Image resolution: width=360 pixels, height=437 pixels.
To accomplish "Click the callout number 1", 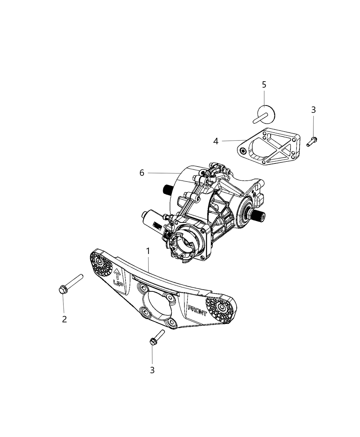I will pyautogui.click(x=148, y=252).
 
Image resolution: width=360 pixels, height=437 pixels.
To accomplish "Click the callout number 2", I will pyautogui.click(x=64, y=319).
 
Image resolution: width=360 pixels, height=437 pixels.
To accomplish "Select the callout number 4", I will pyautogui.click(x=216, y=141).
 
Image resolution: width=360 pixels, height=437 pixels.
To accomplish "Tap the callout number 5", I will pyautogui.click(x=264, y=84).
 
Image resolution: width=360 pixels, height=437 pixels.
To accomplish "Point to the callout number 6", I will pyautogui.click(x=142, y=173).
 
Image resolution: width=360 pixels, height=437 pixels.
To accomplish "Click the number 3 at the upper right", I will pyautogui.click(x=313, y=110).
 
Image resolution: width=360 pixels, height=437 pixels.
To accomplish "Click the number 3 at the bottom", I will pyautogui.click(x=152, y=370).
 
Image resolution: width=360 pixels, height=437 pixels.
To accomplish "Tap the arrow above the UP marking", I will pyautogui.click(x=117, y=273).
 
